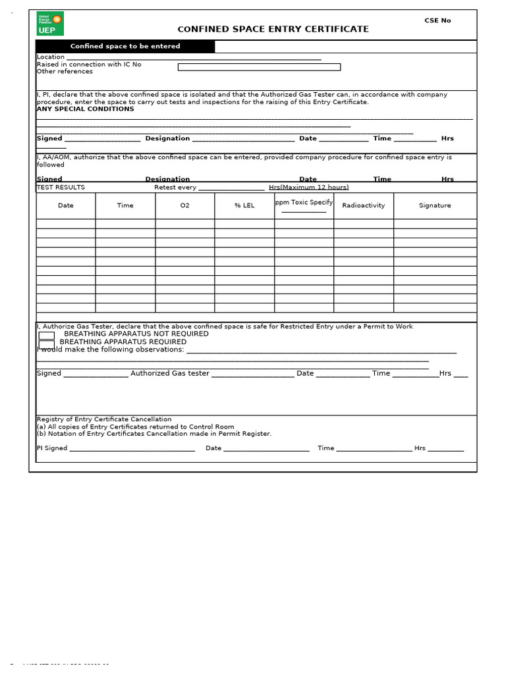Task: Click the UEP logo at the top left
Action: pyautogui.click(x=50, y=24)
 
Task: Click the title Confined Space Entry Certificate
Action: pyautogui.click(x=273, y=29)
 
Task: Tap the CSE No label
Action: pyautogui.click(x=437, y=20)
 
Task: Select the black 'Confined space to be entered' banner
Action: pyautogui.click(x=125, y=46)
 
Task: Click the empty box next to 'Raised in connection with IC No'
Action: pyautogui.click(x=259, y=66)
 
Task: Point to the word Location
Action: pyautogui.click(x=51, y=57)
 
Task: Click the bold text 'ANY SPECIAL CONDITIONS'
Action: pyautogui.click(x=85, y=109)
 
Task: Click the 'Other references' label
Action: pyautogui.click(x=65, y=71)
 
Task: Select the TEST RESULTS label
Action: pyautogui.click(x=61, y=187)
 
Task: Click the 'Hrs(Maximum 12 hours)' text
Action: pyautogui.click(x=308, y=188)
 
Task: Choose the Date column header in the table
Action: pyautogui.click(x=66, y=205)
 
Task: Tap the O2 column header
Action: pyautogui.click(x=184, y=205)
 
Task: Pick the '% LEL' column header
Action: pyautogui.click(x=244, y=205)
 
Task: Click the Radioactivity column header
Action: pyautogui.click(x=363, y=205)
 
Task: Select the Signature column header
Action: pyautogui.click(x=435, y=205)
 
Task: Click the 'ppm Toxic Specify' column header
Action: pyautogui.click(x=304, y=203)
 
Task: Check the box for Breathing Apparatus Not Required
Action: pyautogui.click(x=47, y=335)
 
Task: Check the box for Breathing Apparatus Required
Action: pyautogui.click(x=47, y=344)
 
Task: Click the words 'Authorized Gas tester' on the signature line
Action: pyautogui.click(x=170, y=373)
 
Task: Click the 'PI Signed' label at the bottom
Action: pyautogui.click(x=52, y=448)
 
